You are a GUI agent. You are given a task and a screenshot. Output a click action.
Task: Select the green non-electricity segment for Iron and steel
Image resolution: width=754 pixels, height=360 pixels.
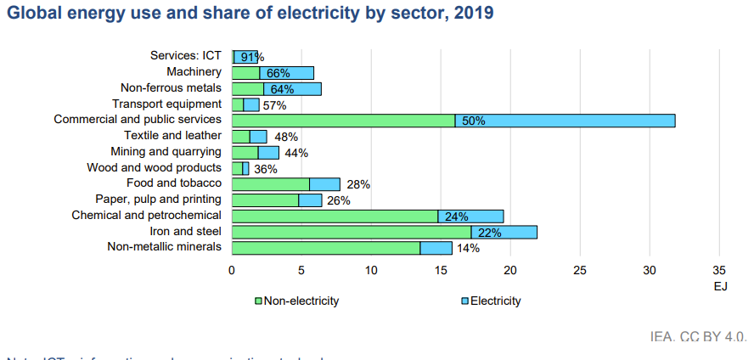coord(351,232)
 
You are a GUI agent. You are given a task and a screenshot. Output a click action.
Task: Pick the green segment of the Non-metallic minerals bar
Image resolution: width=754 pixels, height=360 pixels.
coord(325,248)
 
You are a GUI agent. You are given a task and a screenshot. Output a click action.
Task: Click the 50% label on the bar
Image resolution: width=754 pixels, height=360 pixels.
coord(474,121)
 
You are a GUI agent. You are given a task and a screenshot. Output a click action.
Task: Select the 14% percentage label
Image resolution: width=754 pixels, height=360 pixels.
coord(468,248)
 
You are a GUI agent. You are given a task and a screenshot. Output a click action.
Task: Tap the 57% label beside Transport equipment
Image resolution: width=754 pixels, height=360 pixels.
coord(274,105)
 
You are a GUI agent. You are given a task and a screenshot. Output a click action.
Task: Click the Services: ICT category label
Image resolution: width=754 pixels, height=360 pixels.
coord(185,56)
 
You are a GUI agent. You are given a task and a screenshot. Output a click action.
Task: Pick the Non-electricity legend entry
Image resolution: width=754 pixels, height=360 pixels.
coord(299,301)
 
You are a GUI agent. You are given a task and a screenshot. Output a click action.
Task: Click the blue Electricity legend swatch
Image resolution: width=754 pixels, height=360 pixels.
coord(464,301)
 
